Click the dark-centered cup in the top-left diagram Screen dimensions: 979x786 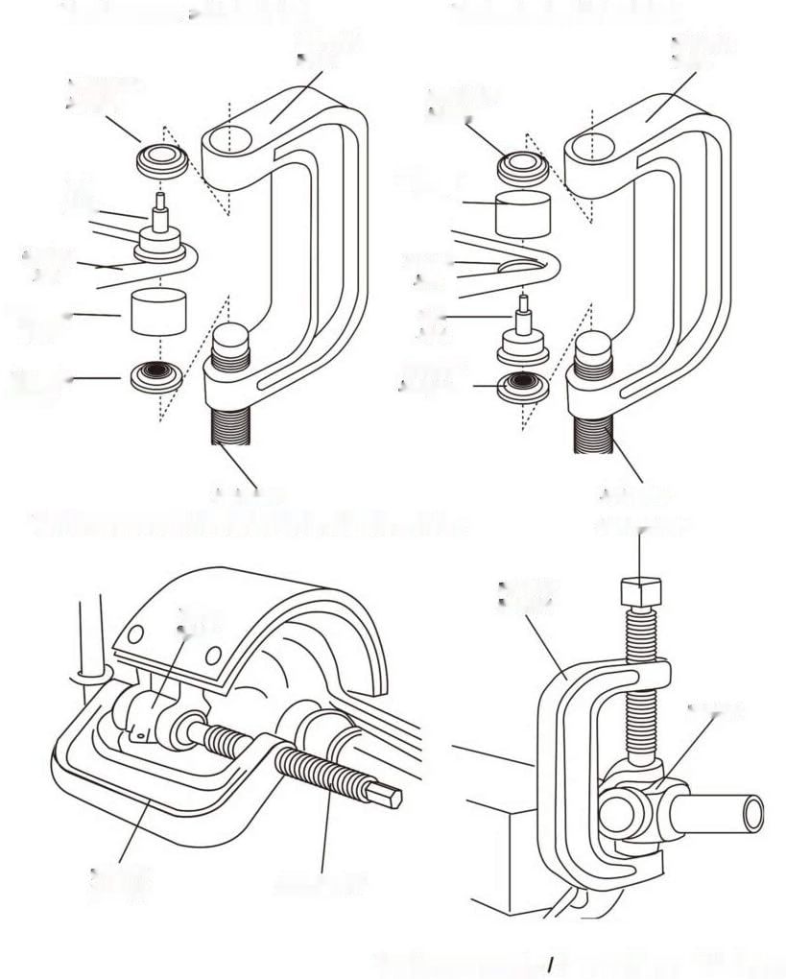155,374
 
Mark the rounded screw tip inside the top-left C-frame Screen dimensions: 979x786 231,342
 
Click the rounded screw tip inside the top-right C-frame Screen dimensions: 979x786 595,346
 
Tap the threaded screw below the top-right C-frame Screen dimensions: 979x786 595,437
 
